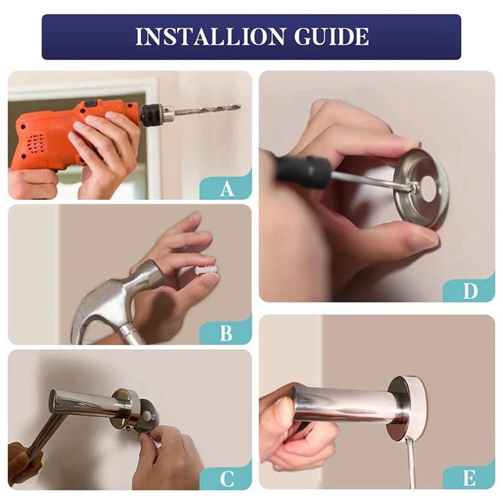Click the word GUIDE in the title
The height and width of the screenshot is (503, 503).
(x=331, y=37)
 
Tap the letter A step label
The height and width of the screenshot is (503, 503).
(x=227, y=188)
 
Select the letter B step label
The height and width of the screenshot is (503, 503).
(x=226, y=333)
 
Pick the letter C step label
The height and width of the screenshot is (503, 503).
(x=226, y=479)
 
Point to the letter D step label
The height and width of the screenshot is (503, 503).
(x=470, y=291)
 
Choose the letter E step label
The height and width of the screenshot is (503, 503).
(x=469, y=478)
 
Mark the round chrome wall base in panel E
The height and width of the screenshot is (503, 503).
(x=407, y=409)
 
